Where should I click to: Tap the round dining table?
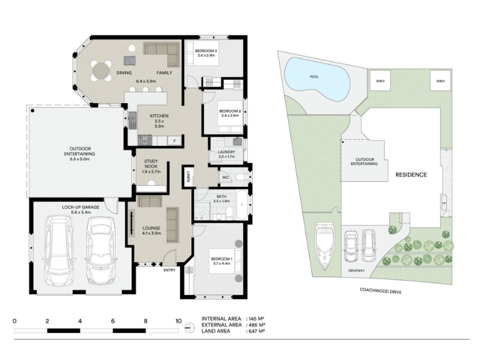coord(101,71)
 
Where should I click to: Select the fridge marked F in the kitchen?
coord(175,140)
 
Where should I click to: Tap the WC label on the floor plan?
coord(226,178)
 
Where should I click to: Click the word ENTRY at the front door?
coord(169,270)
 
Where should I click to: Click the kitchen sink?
coord(132,121)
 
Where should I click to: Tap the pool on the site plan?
coord(317,79)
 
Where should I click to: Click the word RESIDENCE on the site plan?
coord(411,175)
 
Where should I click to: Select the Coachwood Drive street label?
coord(380,290)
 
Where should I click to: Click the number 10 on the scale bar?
coord(178,321)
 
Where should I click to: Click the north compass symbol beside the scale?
coord(190,328)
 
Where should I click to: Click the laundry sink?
coord(237,142)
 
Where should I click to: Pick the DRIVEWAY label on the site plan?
coord(356,271)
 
